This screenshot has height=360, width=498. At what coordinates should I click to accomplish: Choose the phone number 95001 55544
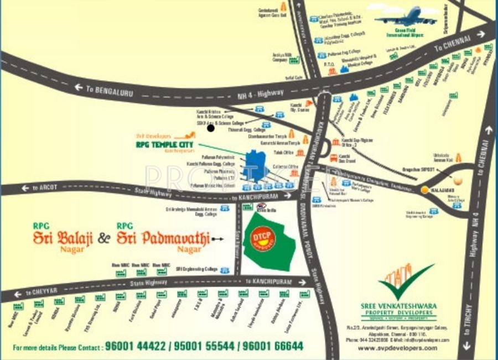point(205,347)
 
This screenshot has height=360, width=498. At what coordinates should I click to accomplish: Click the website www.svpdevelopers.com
point(397,348)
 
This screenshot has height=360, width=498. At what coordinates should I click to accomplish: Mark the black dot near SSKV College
point(210,128)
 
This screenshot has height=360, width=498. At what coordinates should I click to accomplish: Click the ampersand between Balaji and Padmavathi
point(104,239)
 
